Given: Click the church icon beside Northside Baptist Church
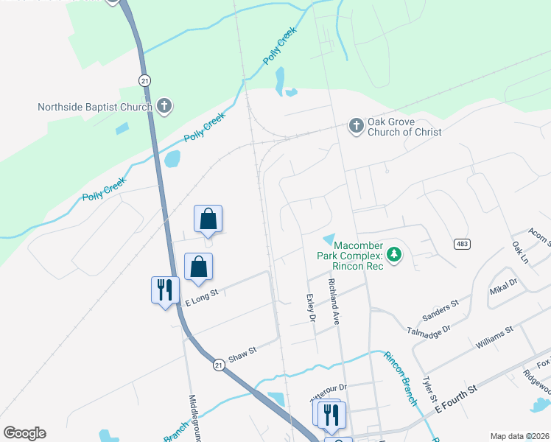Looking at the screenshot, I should (164, 107).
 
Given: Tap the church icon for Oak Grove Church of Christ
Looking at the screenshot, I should (356, 126).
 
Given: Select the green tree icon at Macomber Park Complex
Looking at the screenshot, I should (395, 255).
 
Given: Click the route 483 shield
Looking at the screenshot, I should (462, 244).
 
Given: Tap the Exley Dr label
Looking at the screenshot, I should (310, 308).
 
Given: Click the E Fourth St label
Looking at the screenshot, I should (456, 396).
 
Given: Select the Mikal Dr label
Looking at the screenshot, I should (503, 287).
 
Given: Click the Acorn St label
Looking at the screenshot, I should (540, 236).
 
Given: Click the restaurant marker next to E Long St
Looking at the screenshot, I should (164, 290).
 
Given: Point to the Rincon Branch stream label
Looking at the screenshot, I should (399, 377).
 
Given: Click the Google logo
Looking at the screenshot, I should (24, 433).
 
